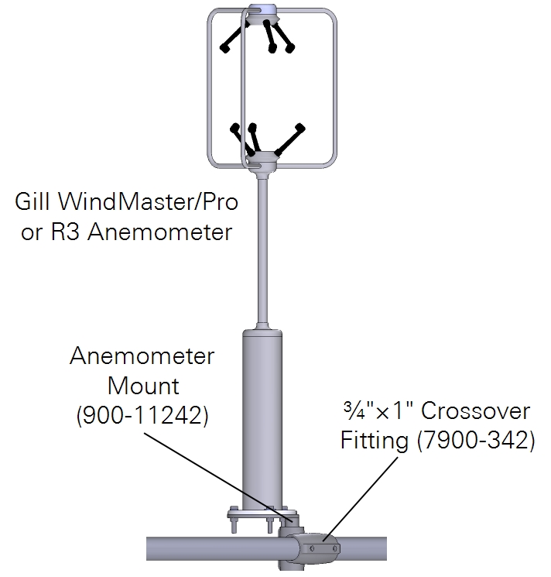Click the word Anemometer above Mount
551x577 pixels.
(142, 357)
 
